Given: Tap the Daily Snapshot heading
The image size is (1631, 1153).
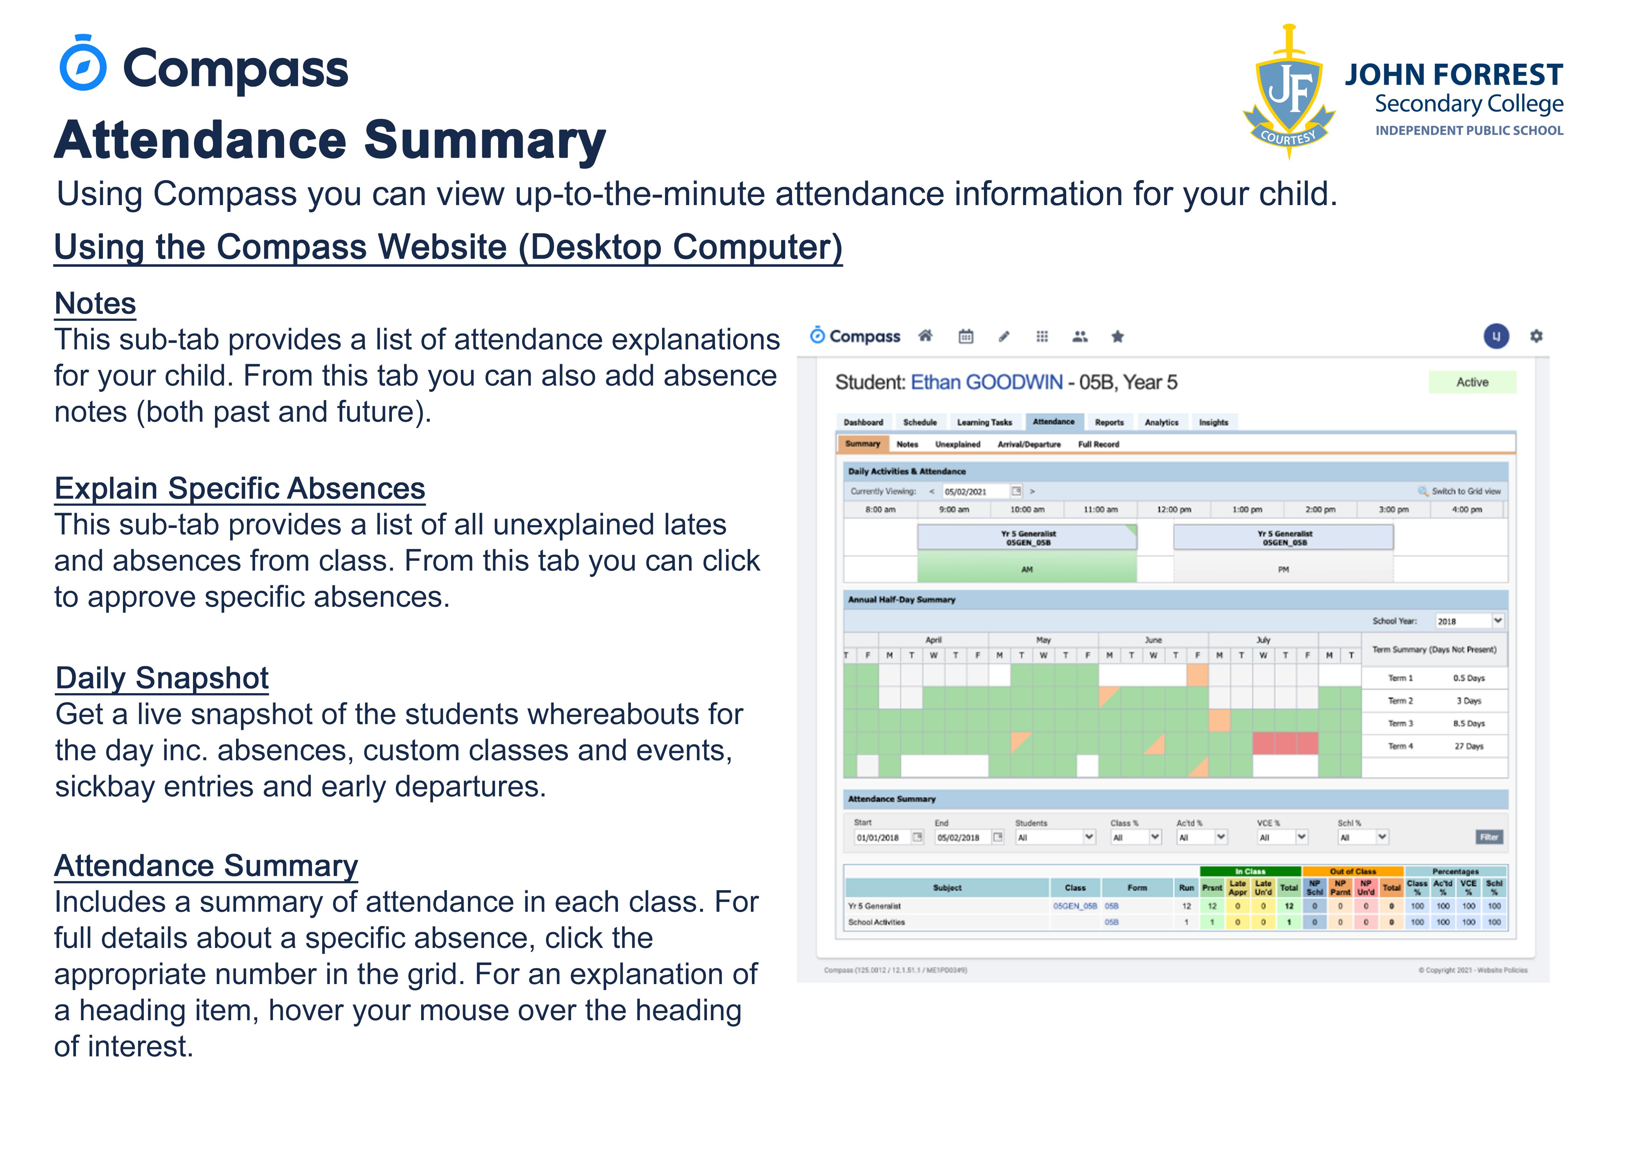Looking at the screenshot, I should (x=162, y=678).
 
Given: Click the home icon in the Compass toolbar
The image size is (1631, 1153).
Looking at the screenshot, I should (x=925, y=336).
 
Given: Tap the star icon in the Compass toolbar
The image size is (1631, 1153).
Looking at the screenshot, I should (x=1117, y=337).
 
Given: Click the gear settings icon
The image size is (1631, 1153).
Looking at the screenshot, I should (x=1536, y=336).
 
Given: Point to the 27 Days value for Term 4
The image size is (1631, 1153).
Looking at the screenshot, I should (x=1468, y=746).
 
